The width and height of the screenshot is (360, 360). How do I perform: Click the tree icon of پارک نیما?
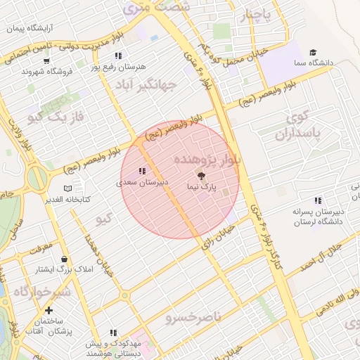coord(202,176)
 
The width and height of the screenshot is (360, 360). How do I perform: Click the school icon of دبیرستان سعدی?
coord(142,171)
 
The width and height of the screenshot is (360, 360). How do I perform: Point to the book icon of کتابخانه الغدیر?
coord(67,188)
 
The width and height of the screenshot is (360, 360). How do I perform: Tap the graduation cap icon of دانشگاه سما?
coord(313,52)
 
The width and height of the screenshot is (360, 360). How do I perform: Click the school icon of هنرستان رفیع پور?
coord(118,56)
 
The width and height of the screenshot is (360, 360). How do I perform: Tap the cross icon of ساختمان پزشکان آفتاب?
coord(49,310)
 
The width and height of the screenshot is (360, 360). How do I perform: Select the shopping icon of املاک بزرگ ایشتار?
coord(64,259)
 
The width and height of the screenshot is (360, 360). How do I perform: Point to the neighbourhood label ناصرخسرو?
coord(193,318)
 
